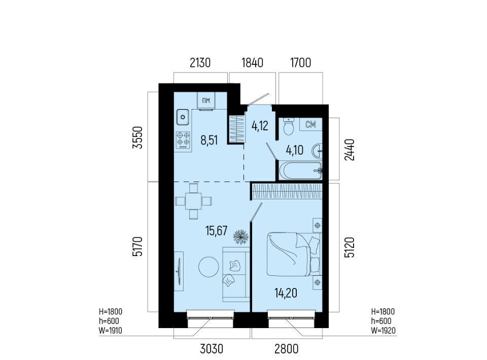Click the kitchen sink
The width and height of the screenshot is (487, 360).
coord(183,117)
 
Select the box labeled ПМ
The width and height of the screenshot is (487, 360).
coord(206,100)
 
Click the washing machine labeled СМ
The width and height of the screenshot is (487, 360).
coord(310,124)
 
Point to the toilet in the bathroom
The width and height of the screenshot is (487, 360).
coord(289,126)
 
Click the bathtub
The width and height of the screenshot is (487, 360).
coord(301,170)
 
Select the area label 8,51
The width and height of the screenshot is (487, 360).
coord(209,140)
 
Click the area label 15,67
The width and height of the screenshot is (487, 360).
coord(217,231)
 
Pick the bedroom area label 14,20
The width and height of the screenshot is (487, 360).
coord(286,293)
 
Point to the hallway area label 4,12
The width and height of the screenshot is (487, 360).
coord(260,126)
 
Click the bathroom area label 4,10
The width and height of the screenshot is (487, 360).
coord(295,151)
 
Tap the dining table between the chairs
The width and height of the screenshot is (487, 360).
coord(193,201)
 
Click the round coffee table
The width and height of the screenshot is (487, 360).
coord(208,267)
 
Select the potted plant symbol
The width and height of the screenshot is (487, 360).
coord(241,237)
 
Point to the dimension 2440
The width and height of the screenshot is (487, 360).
coord(349,150)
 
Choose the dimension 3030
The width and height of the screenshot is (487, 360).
coord(212,349)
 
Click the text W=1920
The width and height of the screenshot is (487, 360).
coord(384,331)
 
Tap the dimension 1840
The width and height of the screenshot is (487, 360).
coord(253,63)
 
